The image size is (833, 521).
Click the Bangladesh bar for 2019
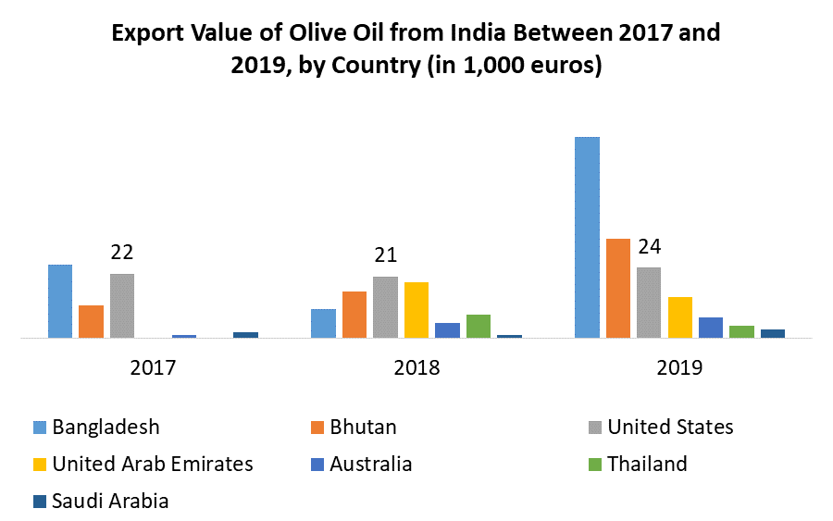(587, 237)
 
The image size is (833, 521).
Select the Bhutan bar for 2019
(618, 288)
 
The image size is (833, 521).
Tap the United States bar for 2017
(122, 305)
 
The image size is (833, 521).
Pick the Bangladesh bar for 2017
(60, 301)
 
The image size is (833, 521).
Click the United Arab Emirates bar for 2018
(416, 310)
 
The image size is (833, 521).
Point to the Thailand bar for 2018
(479, 326)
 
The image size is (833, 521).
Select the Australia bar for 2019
(711, 328)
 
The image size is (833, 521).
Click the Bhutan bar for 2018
(354, 315)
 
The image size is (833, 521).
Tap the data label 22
(122, 253)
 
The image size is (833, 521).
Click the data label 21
(385, 255)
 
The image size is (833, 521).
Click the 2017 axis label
(153, 367)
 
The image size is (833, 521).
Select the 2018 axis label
(416, 367)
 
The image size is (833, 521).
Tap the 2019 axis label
(679, 367)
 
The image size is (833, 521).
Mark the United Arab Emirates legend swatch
(40, 465)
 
